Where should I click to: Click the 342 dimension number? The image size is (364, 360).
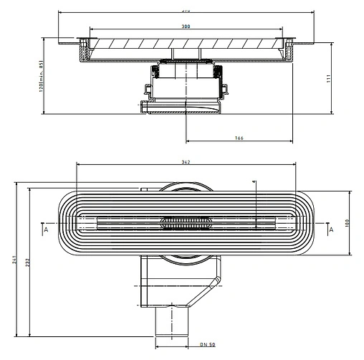tap(186, 163)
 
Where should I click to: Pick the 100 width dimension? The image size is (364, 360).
tap(347, 223)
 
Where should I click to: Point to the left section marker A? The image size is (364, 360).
tap(45, 231)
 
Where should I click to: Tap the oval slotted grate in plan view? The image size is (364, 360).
tap(186, 222)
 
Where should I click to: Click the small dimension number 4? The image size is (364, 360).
tap(254, 183)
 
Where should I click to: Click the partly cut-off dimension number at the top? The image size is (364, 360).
tap(186, 11)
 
